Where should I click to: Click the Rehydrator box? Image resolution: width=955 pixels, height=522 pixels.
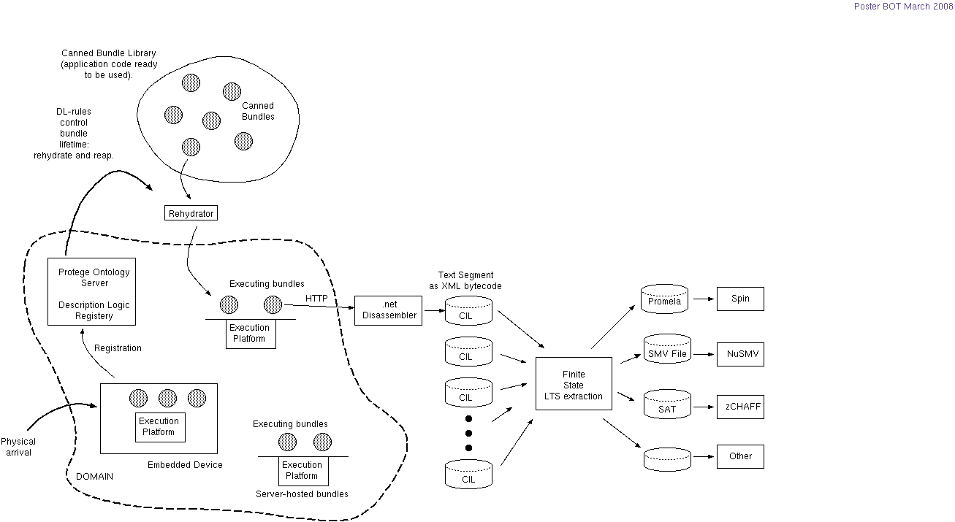pos(191,213)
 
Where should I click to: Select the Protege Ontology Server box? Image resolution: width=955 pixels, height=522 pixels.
pos(94,291)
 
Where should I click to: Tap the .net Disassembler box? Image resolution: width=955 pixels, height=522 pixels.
pos(389,310)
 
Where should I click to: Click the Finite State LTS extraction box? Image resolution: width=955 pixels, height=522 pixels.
pos(574,383)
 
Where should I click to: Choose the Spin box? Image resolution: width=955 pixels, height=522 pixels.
pos(740,299)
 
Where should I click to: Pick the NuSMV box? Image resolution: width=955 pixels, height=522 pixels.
pos(740,354)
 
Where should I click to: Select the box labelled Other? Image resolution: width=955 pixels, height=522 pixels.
pos(740,456)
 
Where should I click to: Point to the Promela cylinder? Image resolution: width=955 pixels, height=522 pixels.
pos(664,300)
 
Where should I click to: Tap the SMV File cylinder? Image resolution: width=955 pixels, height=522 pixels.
pos(667,353)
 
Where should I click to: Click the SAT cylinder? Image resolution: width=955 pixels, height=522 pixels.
pos(667,407)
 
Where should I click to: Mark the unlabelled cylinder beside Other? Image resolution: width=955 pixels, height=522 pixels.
pos(667,459)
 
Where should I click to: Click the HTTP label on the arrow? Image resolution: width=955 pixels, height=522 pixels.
pos(316,299)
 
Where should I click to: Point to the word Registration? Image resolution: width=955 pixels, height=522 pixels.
pos(118,348)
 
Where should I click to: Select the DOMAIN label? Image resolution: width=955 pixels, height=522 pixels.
pos(94,476)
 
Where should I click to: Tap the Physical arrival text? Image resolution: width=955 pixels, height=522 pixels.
pos(18,447)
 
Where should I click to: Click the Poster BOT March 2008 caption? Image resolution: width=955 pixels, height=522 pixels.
pos(903,7)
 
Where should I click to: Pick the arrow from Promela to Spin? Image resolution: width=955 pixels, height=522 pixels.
pos(704,299)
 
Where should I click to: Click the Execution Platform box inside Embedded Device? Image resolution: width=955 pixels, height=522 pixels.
pos(159,426)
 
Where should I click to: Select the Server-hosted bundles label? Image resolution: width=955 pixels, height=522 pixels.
pos(302,494)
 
